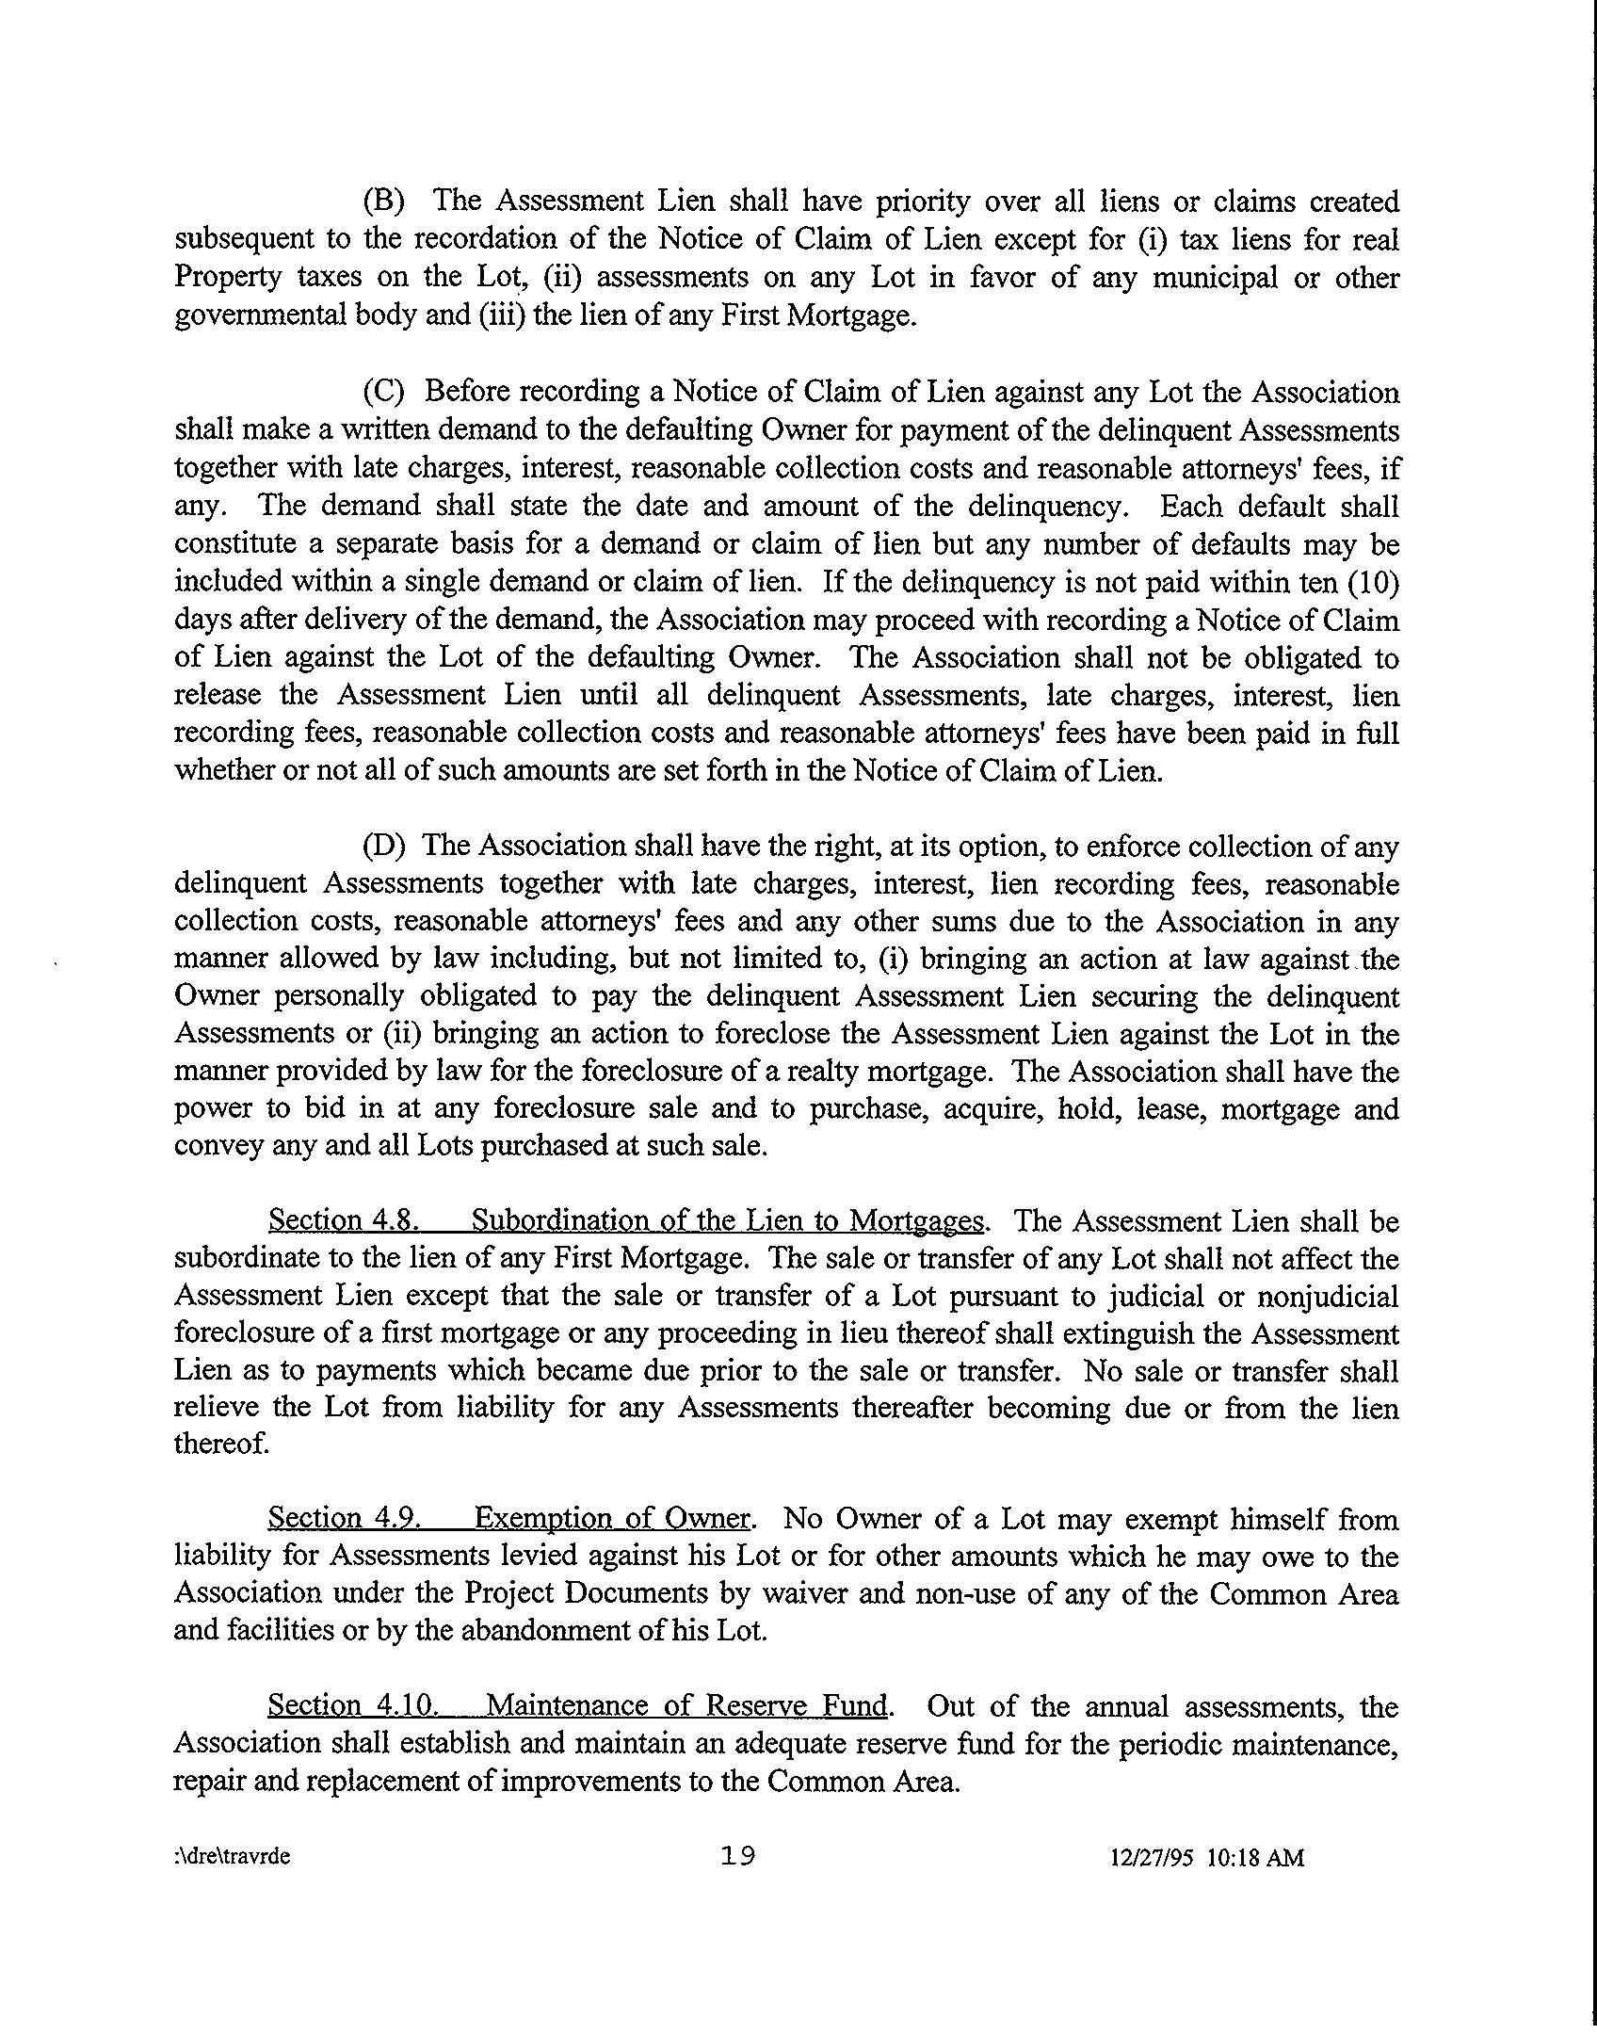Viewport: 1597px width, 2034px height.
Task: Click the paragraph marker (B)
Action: click(x=384, y=202)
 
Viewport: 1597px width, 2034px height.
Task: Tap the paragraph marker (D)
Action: click(x=384, y=846)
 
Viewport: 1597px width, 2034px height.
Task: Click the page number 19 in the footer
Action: click(x=738, y=1856)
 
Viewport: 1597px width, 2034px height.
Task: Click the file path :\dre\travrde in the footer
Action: click(x=234, y=1858)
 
